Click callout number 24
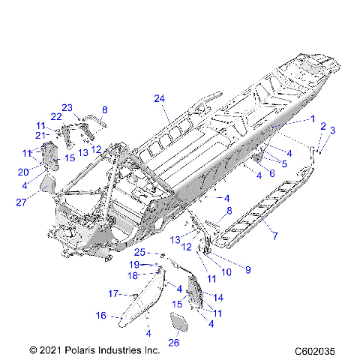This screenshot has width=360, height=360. click(x=158, y=99)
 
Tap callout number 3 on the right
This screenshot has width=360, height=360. click(x=333, y=130)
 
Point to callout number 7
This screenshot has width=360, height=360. click(x=274, y=236)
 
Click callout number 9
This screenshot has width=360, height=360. click(x=248, y=268)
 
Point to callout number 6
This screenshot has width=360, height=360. click(x=271, y=173)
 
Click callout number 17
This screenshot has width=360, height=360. click(x=115, y=292)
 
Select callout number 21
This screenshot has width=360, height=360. click(x=40, y=135)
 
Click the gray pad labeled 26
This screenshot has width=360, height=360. click(x=178, y=323)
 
